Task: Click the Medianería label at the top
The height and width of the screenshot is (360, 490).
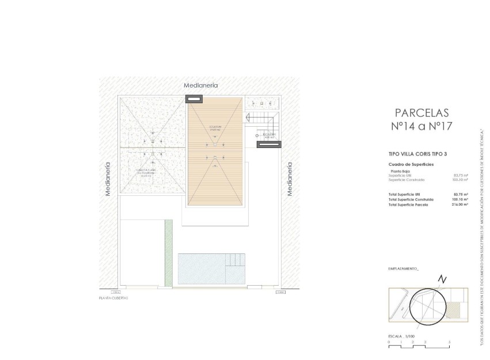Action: (x=200, y=85)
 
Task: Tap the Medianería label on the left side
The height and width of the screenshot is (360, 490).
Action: (x=108, y=179)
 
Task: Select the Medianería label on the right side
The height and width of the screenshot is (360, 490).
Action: (x=290, y=179)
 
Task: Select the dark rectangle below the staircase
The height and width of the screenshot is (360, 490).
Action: (x=268, y=145)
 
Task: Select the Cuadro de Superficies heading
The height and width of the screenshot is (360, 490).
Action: (x=411, y=164)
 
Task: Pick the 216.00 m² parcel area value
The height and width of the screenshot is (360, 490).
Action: (x=461, y=204)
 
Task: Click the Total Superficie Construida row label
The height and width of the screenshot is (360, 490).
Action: (x=411, y=199)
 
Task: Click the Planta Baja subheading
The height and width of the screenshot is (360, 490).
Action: (x=400, y=171)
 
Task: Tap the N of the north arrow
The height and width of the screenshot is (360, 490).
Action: (x=442, y=279)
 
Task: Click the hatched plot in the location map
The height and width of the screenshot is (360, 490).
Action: (x=455, y=312)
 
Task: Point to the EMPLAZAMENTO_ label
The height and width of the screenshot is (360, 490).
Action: (x=404, y=269)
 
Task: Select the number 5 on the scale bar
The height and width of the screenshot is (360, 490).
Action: (x=449, y=342)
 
